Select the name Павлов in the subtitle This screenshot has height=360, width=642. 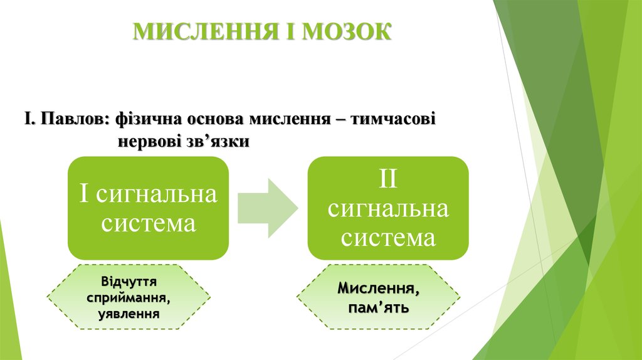click(x=76, y=119)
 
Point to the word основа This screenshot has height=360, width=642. click(x=216, y=119)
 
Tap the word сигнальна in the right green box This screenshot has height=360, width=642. click(x=388, y=208)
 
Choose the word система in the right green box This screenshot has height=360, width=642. click(x=388, y=238)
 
